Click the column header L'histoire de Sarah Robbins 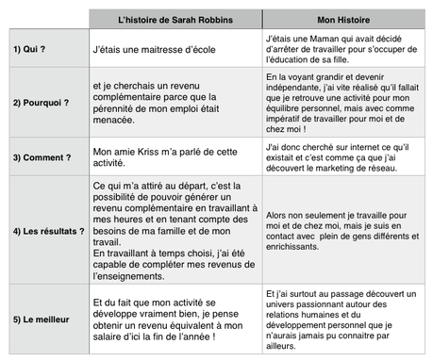click(x=175, y=18)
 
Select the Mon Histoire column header click(x=344, y=18)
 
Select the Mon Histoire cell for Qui click(x=344, y=47)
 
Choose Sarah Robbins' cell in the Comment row click(x=175, y=155)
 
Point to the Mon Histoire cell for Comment click(x=344, y=155)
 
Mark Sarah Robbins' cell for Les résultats click(x=175, y=230)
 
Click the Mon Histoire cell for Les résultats click(x=344, y=230)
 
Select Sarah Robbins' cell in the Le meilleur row click(x=175, y=318)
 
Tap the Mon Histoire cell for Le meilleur click(x=344, y=318)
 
